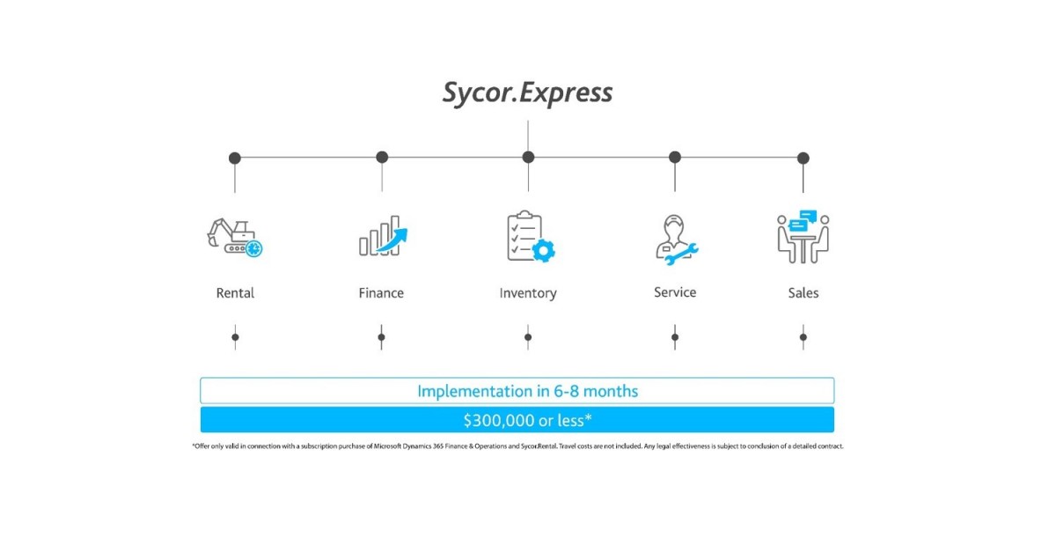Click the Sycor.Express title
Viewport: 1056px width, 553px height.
(x=527, y=92)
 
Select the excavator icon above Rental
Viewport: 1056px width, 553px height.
(x=234, y=237)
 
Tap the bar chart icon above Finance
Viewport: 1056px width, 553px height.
(x=383, y=236)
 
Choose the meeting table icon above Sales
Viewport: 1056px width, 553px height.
(x=803, y=237)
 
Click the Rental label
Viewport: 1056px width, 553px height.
(x=235, y=293)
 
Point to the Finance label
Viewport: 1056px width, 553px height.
(x=381, y=293)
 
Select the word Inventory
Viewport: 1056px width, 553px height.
(x=528, y=293)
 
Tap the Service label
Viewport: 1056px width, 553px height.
(x=675, y=292)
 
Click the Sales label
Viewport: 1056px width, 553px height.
(x=803, y=293)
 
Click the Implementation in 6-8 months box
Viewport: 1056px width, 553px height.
(x=517, y=391)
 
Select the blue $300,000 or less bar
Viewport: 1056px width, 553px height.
(x=517, y=419)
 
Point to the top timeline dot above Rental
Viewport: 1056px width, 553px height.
(x=235, y=159)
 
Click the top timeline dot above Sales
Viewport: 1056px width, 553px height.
(x=803, y=159)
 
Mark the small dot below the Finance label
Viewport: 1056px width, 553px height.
(x=381, y=336)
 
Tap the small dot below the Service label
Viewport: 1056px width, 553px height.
(x=675, y=336)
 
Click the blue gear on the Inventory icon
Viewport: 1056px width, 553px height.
(x=545, y=251)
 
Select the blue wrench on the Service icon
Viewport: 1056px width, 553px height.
(x=684, y=254)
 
